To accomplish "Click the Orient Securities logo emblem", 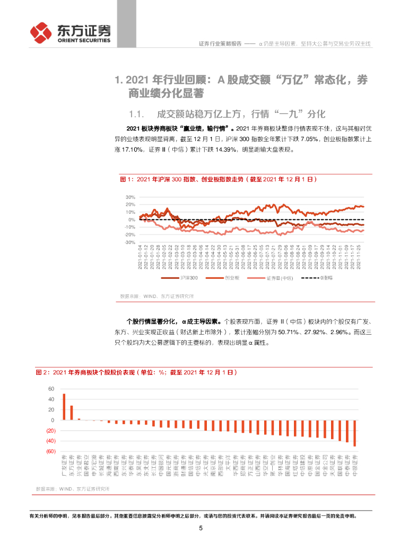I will click(41, 33).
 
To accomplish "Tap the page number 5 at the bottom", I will click(201, 528).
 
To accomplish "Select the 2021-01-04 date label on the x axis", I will click(140, 257).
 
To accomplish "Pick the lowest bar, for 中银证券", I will click(355, 433).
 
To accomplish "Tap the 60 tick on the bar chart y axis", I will click(51, 389).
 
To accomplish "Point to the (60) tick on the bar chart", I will click(50, 451).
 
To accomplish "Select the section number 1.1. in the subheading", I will click(137, 113).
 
